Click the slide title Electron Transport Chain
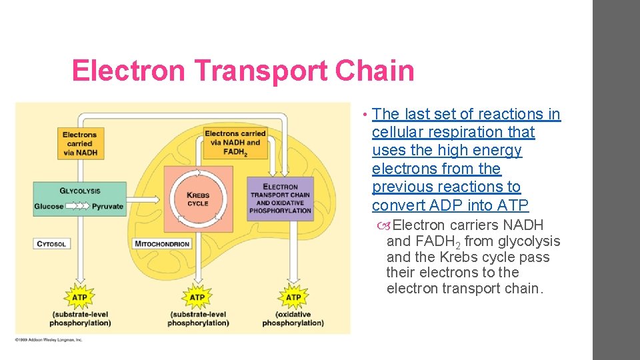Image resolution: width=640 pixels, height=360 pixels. point(243,71)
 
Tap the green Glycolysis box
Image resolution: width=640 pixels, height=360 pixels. point(79,199)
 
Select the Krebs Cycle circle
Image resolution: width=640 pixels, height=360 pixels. point(198,199)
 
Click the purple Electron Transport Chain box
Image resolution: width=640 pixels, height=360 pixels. point(280,199)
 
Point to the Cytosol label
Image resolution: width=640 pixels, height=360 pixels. point(51,244)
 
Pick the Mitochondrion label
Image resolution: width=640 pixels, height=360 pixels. point(163,244)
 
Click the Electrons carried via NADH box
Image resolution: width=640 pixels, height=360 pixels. point(79,143)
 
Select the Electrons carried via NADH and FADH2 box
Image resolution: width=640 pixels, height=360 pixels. point(235,143)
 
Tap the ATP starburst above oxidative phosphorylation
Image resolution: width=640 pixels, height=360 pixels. point(293,297)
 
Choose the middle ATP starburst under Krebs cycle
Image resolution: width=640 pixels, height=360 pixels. point(197,297)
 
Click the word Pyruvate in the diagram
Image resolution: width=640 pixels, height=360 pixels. point(108,207)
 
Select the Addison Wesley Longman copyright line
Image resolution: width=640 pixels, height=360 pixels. point(48,340)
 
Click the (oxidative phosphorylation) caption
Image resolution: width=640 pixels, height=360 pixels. point(293,319)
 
